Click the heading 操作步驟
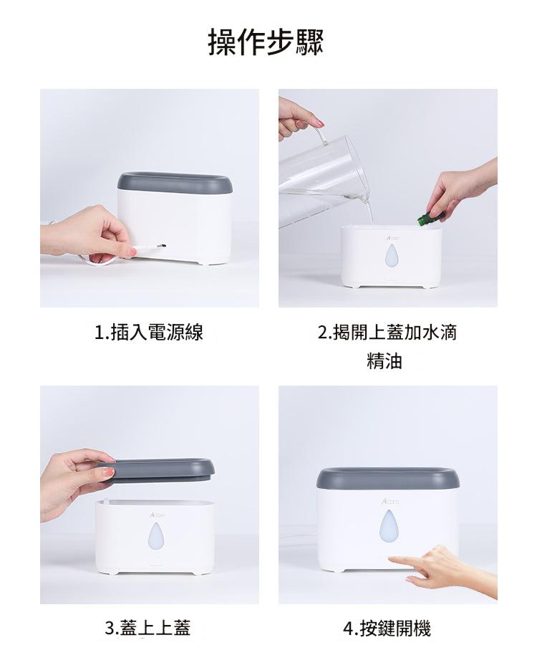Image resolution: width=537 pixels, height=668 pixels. tap(266, 42)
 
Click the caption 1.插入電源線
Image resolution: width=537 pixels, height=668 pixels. tap(148, 333)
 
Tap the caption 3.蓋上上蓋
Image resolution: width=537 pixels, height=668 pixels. tap(147, 628)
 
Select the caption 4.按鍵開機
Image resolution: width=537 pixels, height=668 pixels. tap(387, 628)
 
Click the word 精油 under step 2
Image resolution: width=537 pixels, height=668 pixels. tap(384, 361)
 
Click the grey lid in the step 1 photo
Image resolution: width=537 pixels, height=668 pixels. tap(175, 182)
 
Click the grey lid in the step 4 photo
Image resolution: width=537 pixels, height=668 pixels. tap(387, 477)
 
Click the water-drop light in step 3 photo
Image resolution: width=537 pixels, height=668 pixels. tap(155, 536)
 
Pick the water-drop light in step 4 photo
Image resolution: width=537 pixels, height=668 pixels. tap(387, 525)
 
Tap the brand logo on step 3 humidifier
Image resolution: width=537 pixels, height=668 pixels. tap(158, 515)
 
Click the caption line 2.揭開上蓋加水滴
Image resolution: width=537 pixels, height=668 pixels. tap(387, 333)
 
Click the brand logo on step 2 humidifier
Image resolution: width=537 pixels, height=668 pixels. tap(394, 239)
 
